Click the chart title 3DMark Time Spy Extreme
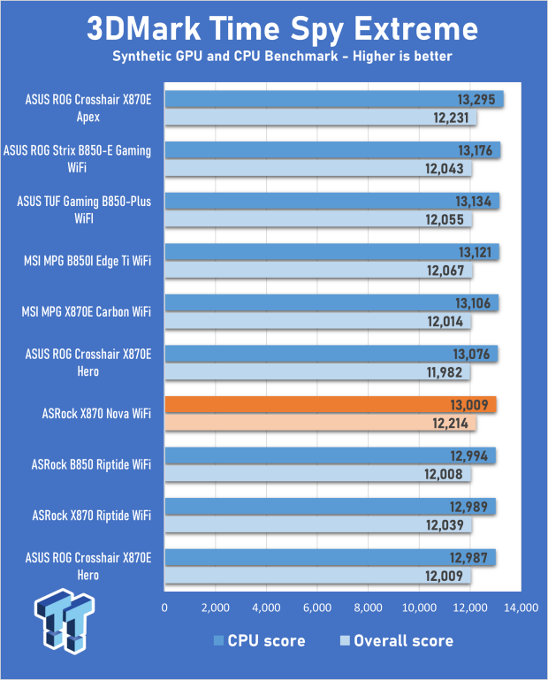coord(282,29)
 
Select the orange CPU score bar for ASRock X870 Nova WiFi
coord(330,405)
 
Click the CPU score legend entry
coord(260,640)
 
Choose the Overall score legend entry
coord(397,640)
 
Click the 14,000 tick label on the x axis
coord(520,608)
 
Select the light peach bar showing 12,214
coord(320,424)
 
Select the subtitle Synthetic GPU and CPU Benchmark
coord(282,57)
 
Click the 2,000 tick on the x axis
coord(216,608)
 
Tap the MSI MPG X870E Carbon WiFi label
coord(87,312)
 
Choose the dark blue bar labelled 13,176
coord(332,150)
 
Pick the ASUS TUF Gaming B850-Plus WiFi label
coord(84,210)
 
